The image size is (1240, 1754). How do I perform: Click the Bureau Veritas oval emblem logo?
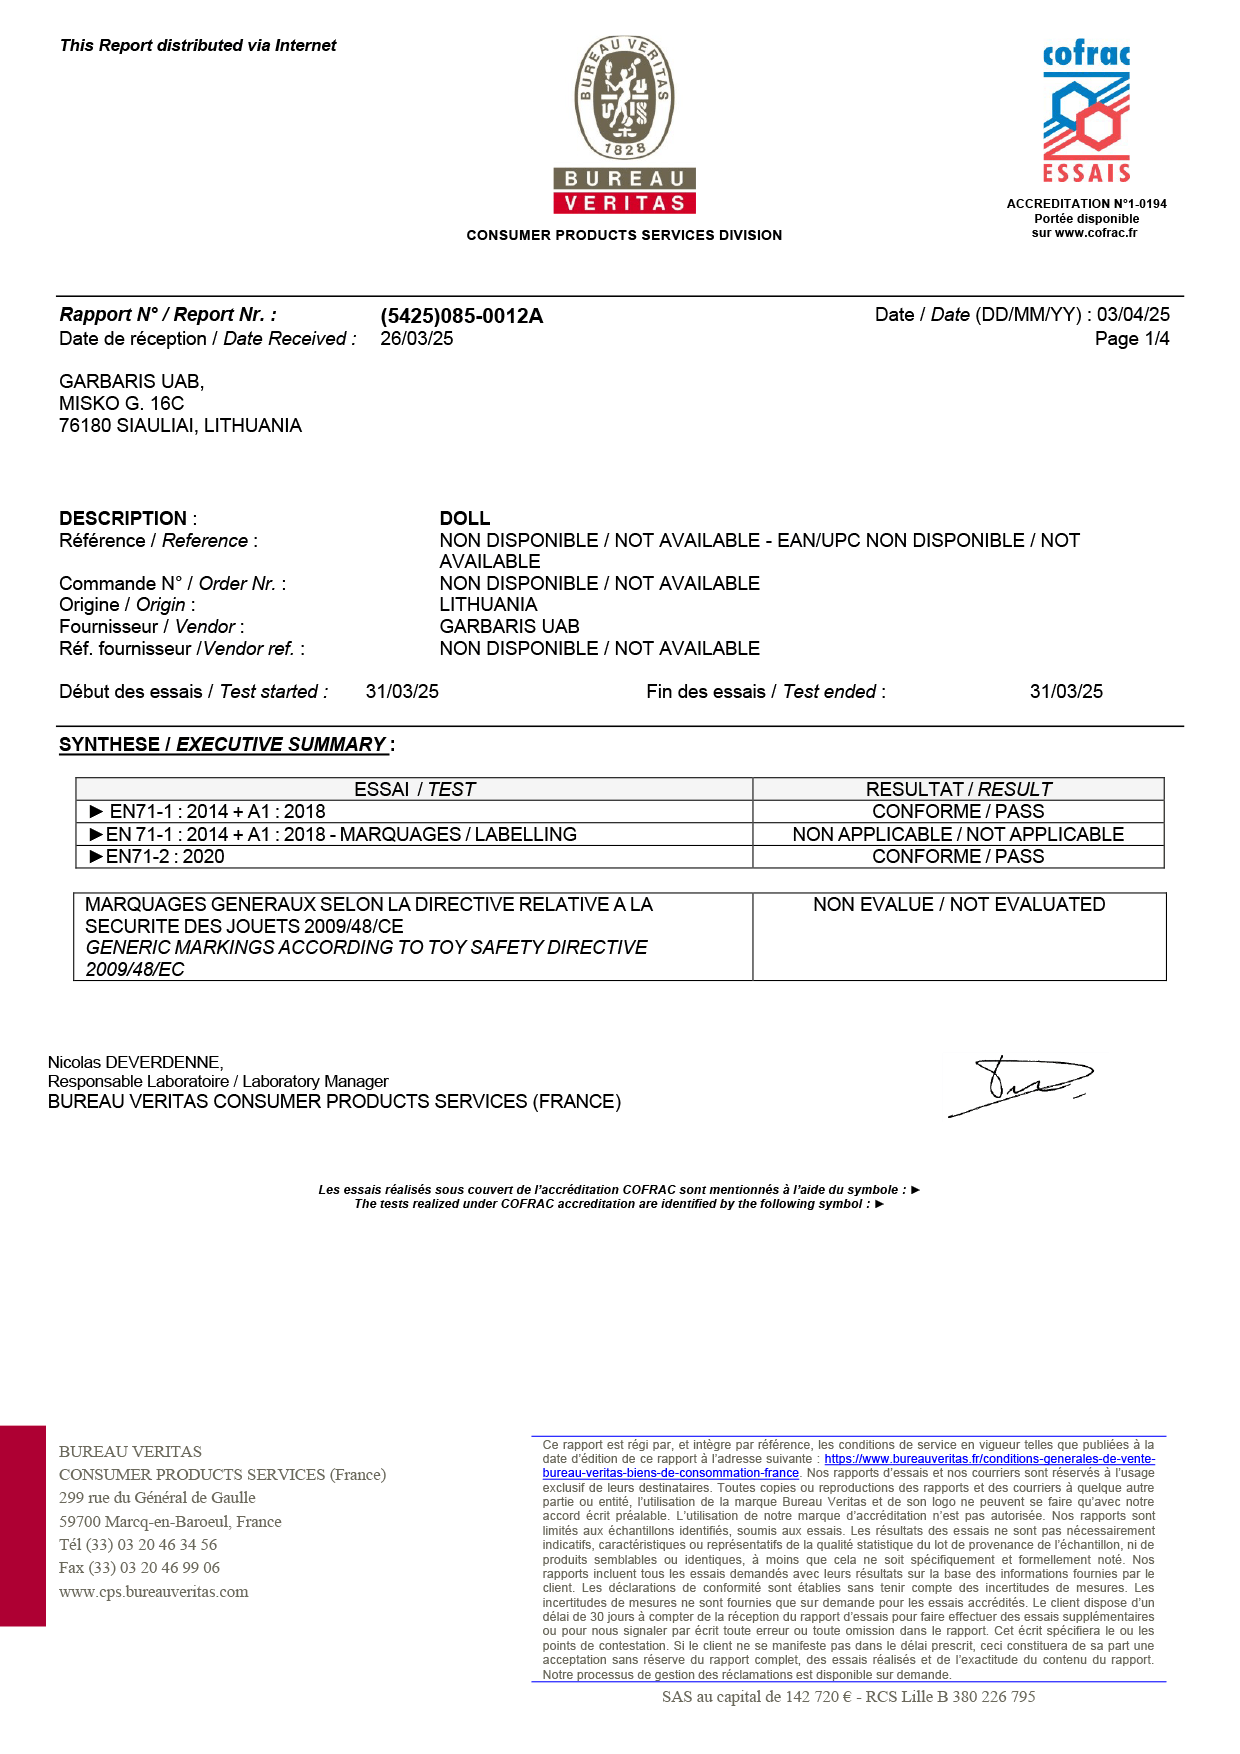click(x=624, y=97)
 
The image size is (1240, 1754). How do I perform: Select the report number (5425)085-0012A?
click(x=461, y=316)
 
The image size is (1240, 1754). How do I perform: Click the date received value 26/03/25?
click(x=416, y=339)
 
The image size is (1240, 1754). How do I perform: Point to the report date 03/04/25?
click(x=1132, y=315)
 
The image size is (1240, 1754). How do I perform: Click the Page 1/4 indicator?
click(x=1131, y=339)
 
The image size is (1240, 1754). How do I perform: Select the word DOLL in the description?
click(x=465, y=518)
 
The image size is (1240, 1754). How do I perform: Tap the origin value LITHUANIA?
click(x=488, y=605)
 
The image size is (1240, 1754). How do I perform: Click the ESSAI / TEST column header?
click(x=414, y=789)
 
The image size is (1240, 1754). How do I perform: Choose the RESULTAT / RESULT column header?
click(x=958, y=789)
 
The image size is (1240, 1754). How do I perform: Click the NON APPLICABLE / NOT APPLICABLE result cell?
click(x=958, y=834)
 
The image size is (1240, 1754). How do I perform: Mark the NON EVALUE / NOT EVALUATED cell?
click(x=958, y=905)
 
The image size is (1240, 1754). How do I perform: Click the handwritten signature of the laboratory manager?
click(x=1020, y=1085)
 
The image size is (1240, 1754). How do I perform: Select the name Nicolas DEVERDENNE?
click(x=135, y=1062)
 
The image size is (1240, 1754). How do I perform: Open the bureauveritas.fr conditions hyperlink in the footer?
click(x=989, y=1459)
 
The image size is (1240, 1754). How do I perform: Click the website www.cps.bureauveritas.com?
click(x=153, y=1592)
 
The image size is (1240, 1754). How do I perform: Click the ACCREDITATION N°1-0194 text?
click(x=1086, y=204)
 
